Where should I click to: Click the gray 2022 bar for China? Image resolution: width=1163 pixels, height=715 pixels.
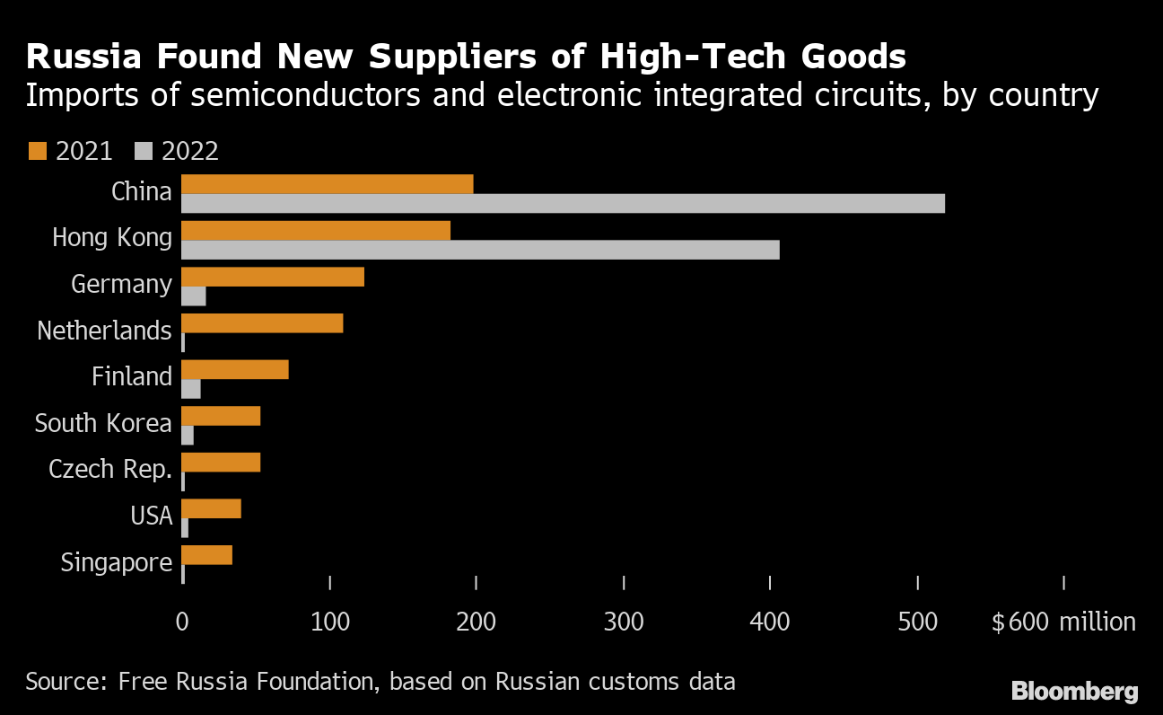click(x=563, y=204)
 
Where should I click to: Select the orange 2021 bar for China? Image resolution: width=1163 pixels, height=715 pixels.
click(x=327, y=184)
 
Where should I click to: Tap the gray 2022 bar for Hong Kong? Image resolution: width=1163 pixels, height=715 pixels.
click(x=480, y=250)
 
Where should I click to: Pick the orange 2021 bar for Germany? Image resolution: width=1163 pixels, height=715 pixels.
click(x=273, y=277)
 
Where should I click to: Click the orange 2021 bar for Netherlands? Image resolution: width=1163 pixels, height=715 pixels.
click(x=262, y=323)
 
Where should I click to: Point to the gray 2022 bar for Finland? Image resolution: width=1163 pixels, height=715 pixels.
click(x=191, y=389)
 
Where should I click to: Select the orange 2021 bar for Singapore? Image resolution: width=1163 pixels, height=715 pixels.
click(x=206, y=555)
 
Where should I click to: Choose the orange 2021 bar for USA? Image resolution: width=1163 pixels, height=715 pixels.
click(x=211, y=508)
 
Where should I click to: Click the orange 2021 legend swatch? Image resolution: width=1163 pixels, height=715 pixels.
click(x=37, y=150)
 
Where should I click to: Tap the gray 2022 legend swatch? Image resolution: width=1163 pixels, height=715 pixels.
click(x=143, y=150)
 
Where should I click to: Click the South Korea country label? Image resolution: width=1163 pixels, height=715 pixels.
click(x=103, y=423)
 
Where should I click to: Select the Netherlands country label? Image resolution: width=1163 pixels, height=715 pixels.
click(x=104, y=331)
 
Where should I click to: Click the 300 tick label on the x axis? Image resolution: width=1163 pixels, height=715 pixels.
click(x=624, y=622)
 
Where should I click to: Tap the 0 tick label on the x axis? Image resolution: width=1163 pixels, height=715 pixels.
click(x=182, y=622)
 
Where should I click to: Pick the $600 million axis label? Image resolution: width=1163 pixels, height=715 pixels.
click(x=1063, y=622)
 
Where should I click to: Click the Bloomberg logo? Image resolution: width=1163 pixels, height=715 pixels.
click(x=1074, y=691)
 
